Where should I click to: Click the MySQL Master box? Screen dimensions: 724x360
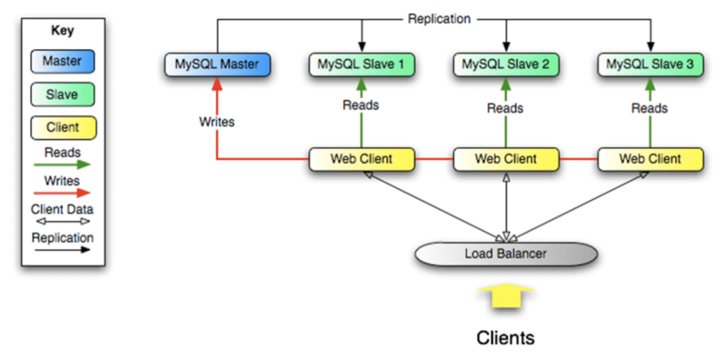tap(218, 64)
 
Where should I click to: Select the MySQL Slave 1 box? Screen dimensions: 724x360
tap(361, 64)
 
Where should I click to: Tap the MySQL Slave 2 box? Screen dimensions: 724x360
tap(506, 64)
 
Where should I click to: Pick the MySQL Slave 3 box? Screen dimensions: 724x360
tap(651, 64)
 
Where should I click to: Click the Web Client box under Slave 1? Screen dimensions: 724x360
tap(361, 159)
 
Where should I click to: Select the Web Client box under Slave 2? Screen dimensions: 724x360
tap(506, 159)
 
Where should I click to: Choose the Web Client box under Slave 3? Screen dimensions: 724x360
tap(651, 159)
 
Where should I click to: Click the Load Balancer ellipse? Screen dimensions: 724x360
tap(506, 253)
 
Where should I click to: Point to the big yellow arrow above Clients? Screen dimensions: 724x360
tap(506, 296)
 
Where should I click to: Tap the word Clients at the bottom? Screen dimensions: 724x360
tap(505, 338)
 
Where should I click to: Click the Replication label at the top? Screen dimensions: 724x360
tap(439, 19)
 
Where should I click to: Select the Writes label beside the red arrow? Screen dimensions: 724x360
tap(217, 122)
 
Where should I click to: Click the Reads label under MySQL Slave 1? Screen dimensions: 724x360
tap(360, 106)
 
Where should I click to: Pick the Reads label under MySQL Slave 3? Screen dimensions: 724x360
tap(650, 108)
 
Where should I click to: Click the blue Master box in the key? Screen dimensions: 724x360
tap(63, 61)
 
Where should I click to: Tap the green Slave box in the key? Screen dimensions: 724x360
tap(63, 94)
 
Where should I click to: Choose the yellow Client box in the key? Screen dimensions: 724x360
tap(63, 127)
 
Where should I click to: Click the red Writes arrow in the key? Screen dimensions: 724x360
tap(63, 193)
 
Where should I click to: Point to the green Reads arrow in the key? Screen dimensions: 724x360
tap(63, 164)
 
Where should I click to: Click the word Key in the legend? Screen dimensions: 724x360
tap(63, 31)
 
